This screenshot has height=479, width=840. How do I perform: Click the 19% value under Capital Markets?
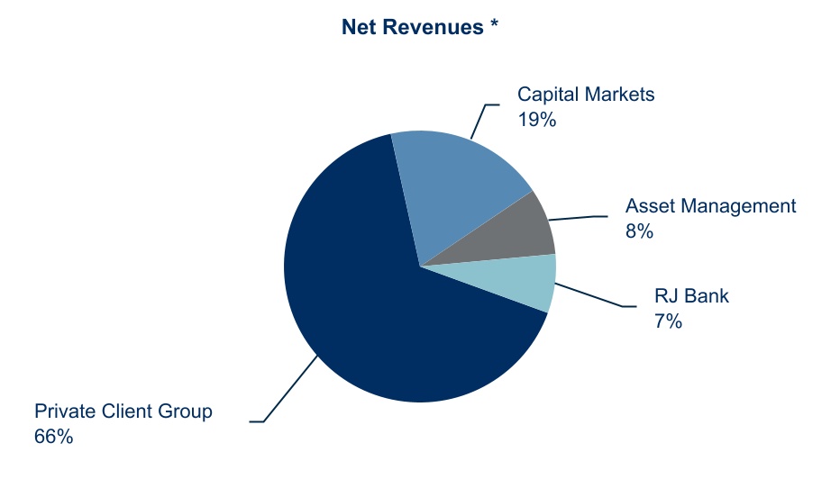pyautogui.click(x=537, y=118)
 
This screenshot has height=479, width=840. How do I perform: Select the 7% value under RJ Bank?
pyautogui.click(x=667, y=319)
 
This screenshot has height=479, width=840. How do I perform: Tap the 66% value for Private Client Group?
pyautogui.click(x=53, y=437)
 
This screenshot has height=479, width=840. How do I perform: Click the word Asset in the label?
pyautogui.click(x=651, y=206)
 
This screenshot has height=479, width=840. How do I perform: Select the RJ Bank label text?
pyautogui.click(x=690, y=295)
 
